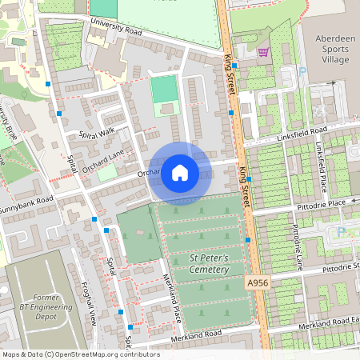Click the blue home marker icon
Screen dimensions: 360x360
tap(180, 173)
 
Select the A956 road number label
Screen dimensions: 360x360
tap(258, 283)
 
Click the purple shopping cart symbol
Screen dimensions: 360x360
tap(263, 52)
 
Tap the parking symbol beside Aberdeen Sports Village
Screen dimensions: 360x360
tap(302, 70)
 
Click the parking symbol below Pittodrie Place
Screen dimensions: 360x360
tap(342, 232)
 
